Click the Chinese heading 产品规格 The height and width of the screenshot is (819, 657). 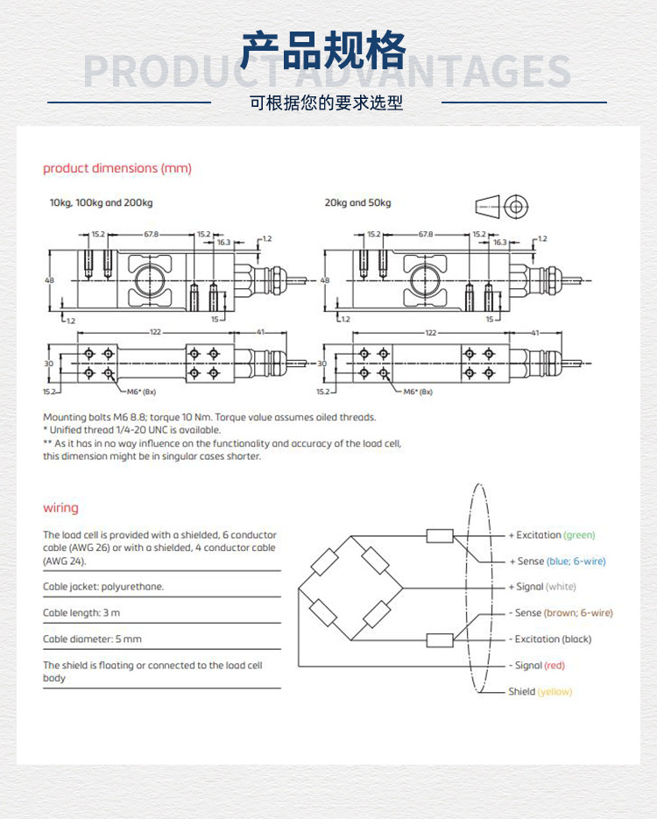(324, 50)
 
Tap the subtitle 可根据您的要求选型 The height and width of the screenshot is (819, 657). (326, 102)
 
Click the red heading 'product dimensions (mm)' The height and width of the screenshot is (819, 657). (117, 168)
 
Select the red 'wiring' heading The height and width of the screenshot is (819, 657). (60, 508)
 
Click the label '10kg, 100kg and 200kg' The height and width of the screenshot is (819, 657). (101, 203)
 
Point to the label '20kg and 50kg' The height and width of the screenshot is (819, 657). (357, 203)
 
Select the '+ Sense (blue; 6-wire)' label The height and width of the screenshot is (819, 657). (557, 561)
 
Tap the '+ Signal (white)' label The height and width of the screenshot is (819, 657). (542, 587)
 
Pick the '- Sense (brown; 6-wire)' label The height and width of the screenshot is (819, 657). (561, 613)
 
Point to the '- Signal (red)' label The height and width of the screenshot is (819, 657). (537, 666)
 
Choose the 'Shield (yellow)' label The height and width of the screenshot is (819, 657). (540, 692)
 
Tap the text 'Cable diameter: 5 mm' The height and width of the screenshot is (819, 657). (92, 639)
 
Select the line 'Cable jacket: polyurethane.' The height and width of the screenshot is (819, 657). (103, 587)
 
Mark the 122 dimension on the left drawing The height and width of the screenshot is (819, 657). (155, 333)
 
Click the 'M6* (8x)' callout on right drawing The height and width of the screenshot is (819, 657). (418, 392)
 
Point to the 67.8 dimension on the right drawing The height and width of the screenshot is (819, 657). (426, 235)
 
